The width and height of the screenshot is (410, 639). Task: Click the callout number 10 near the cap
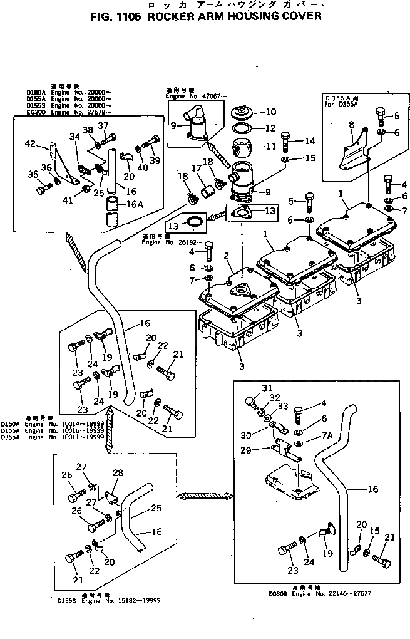(270, 113)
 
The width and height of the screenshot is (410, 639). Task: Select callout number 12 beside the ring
(270, 128)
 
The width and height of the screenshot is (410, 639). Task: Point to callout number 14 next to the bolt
(310, 141)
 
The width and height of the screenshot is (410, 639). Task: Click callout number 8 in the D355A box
(351, 124)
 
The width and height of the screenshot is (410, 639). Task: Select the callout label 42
(30, 144)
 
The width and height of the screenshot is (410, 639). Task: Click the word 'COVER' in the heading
(299, 16)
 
